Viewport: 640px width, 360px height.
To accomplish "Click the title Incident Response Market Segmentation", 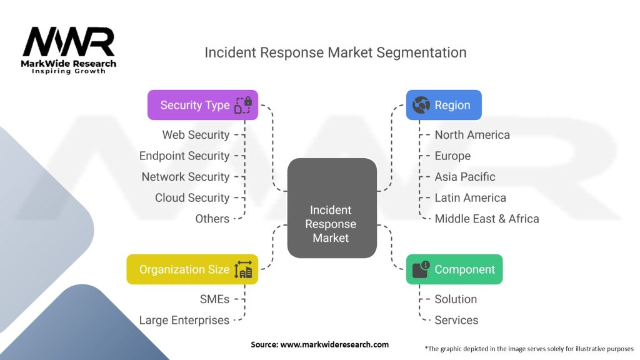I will click(x=335, y=52).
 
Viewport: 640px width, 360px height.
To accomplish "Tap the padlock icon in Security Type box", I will click(x=242, y=105).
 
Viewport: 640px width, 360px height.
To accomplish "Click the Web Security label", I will click(x=196, y=134).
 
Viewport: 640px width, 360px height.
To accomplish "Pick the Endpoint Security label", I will click(x=184, y=156).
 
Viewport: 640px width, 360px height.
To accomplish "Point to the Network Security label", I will click(x=186, y=177).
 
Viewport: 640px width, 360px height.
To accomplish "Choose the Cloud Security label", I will click(x=192, y=197).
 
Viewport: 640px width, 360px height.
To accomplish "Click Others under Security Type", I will click(x=212, y=219).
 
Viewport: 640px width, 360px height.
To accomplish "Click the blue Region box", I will click(x=444, y=105).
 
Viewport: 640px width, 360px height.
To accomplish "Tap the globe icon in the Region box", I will click(x=421, y=105).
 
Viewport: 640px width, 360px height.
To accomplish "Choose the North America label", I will click(x=472, y=134).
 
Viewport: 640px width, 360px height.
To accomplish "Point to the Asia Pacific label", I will click(x=465, y=177).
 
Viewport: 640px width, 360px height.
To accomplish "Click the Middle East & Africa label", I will click(x=486, y=219).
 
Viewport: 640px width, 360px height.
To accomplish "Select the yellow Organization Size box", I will click(x=192, y=269).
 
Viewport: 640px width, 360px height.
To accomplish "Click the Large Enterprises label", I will click(x=184, y=320).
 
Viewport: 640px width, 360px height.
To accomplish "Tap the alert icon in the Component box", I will click(x=421, y=269).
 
